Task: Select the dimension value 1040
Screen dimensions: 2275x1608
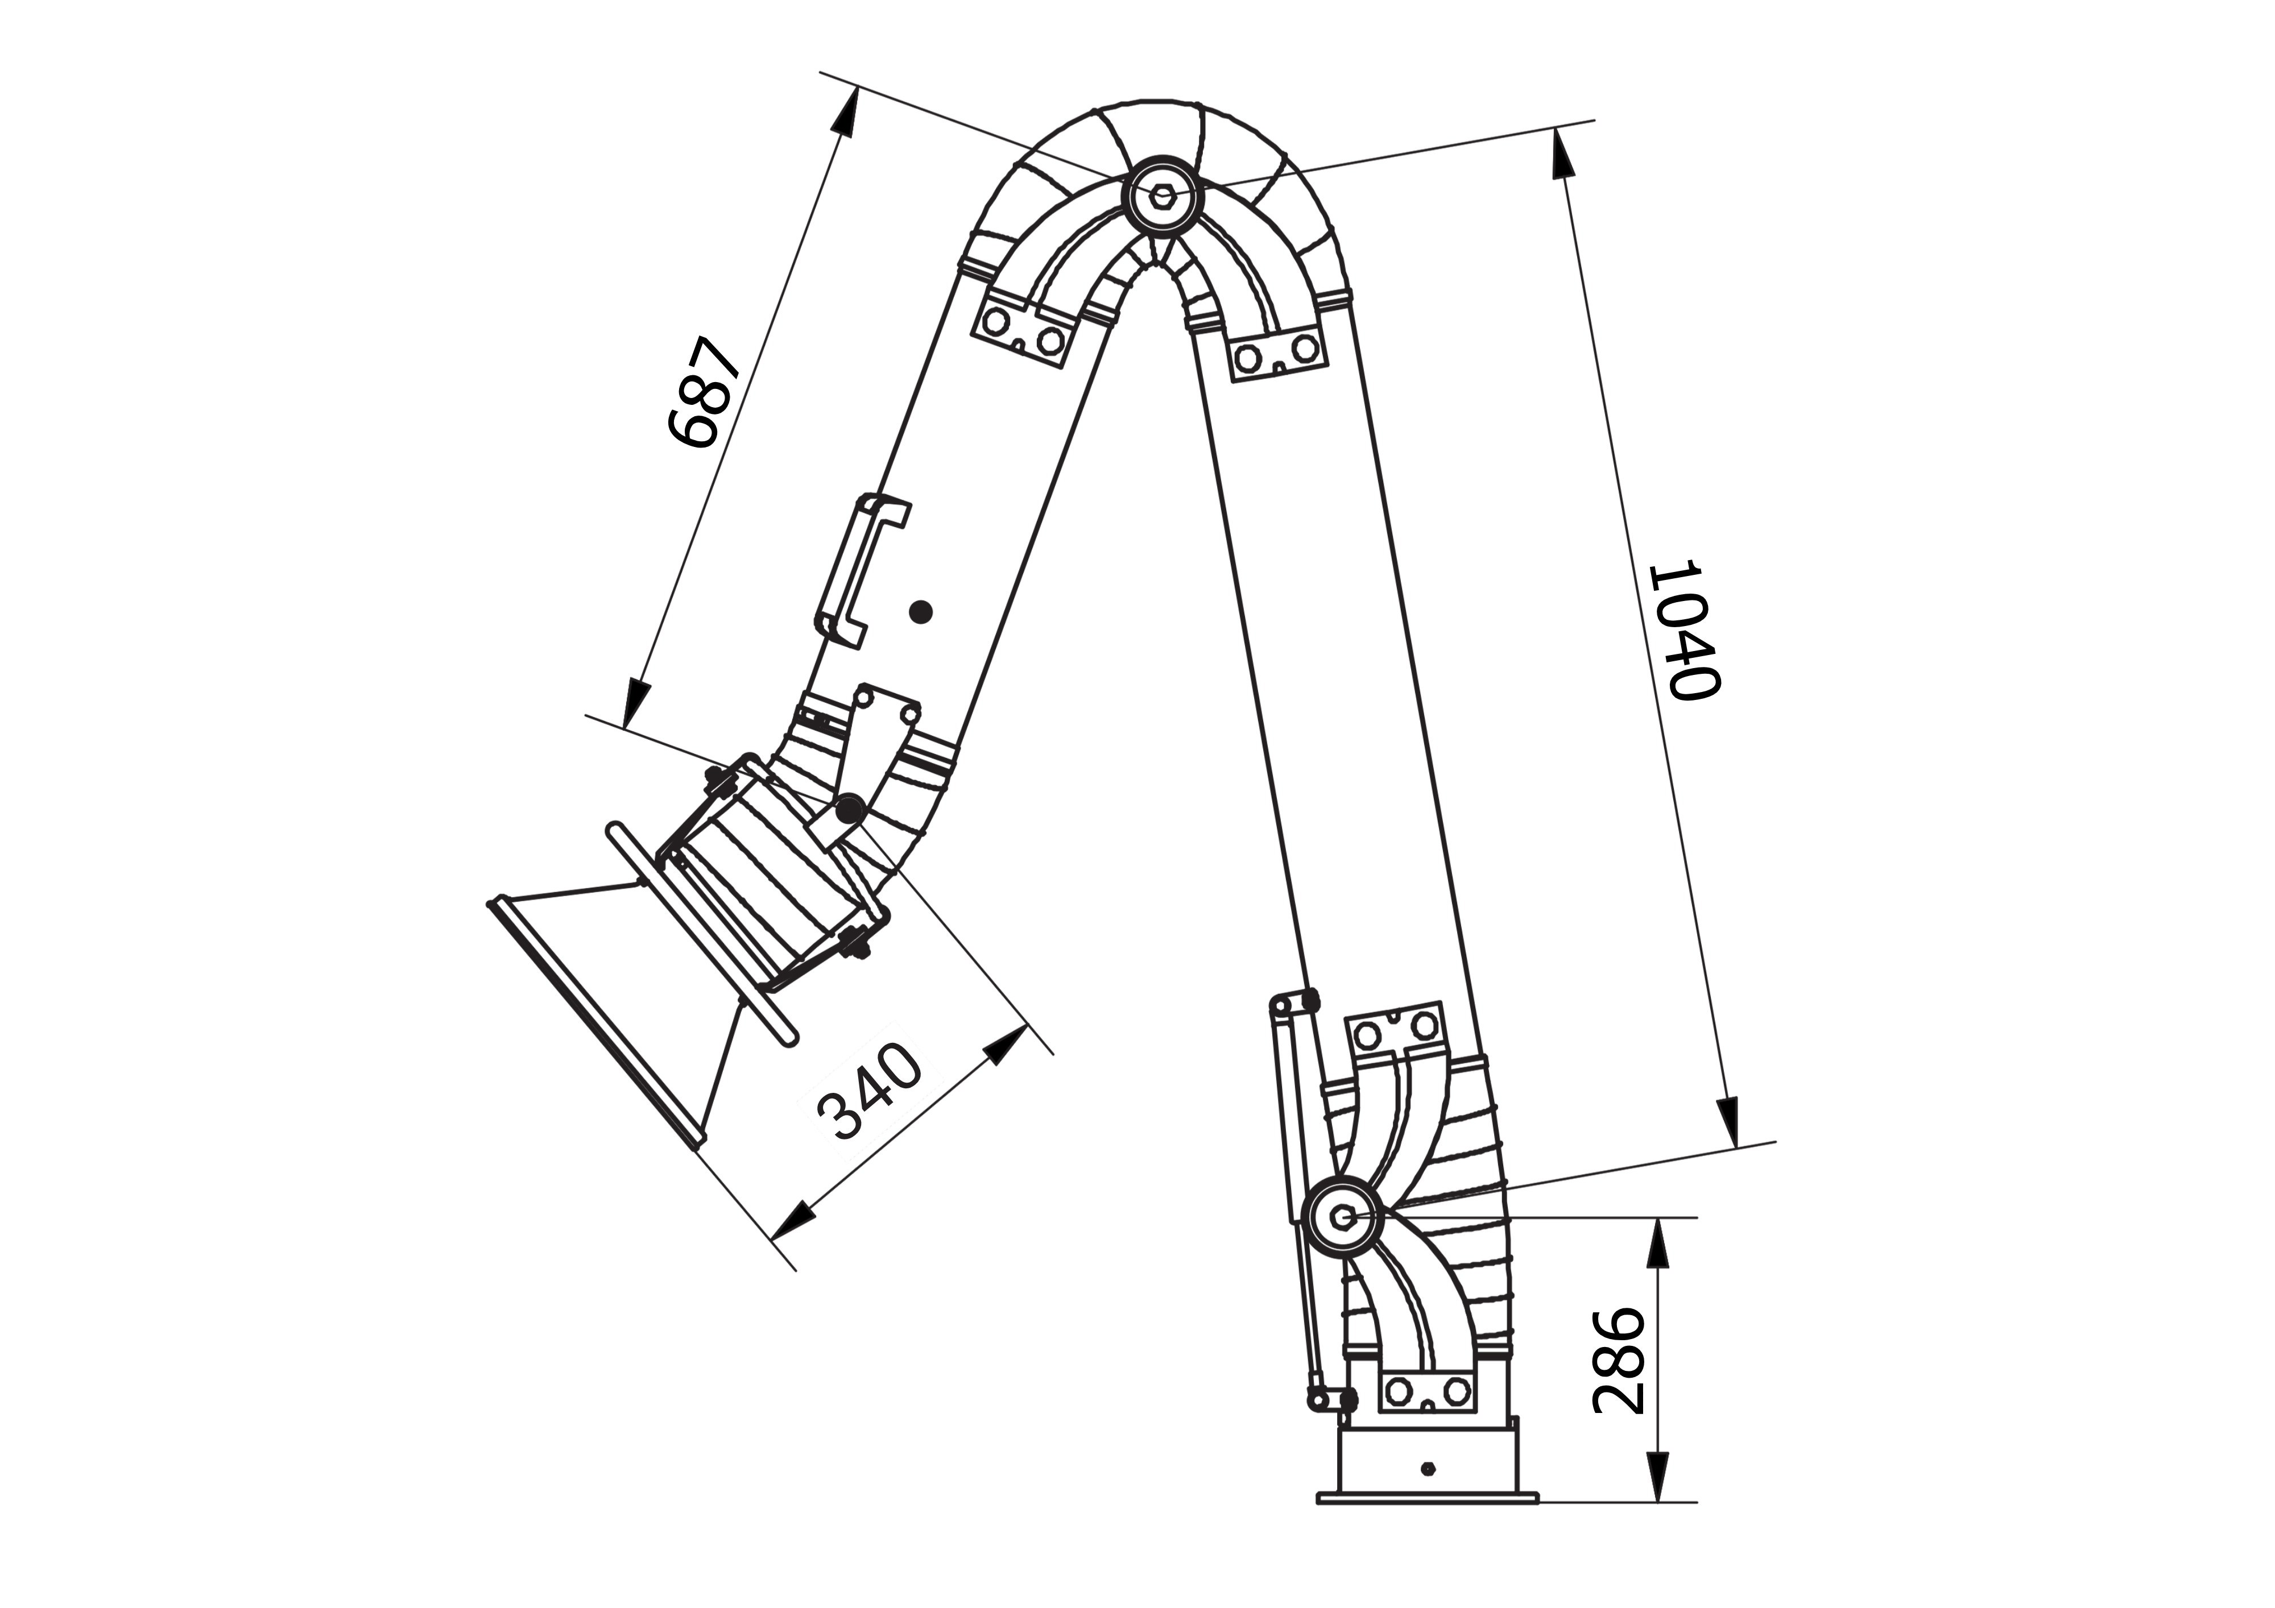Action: [x=1682, y=631]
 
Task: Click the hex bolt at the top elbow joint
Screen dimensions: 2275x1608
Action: [x=1163, y=194]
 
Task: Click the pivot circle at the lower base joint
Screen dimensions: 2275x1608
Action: [x=1343, y=1217]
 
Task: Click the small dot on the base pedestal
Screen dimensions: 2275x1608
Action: [x=1427, y=1468]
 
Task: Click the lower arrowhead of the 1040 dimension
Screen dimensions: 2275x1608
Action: [x=1729, y=1121]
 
